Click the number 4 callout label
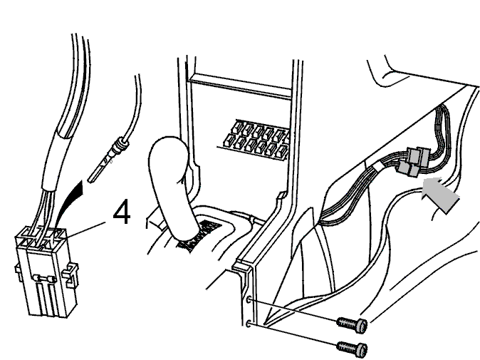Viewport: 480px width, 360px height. coord(122,212)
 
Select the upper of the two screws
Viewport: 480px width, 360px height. coord(352,324)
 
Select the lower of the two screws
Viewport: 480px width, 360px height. coord(352,348)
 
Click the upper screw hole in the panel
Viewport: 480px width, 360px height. coord(249,300)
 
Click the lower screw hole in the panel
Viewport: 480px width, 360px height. coord(249,323)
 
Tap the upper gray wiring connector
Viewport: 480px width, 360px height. coord(418,155)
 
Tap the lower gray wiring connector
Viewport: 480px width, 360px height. coord(408,170)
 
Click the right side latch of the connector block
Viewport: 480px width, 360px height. coord(71,273)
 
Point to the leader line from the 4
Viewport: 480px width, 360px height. coord(86,229)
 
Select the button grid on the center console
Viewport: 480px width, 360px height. coord(256,139)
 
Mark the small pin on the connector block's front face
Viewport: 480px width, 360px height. coord(46,278)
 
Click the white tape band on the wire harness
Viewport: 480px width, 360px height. coord(380,167)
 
